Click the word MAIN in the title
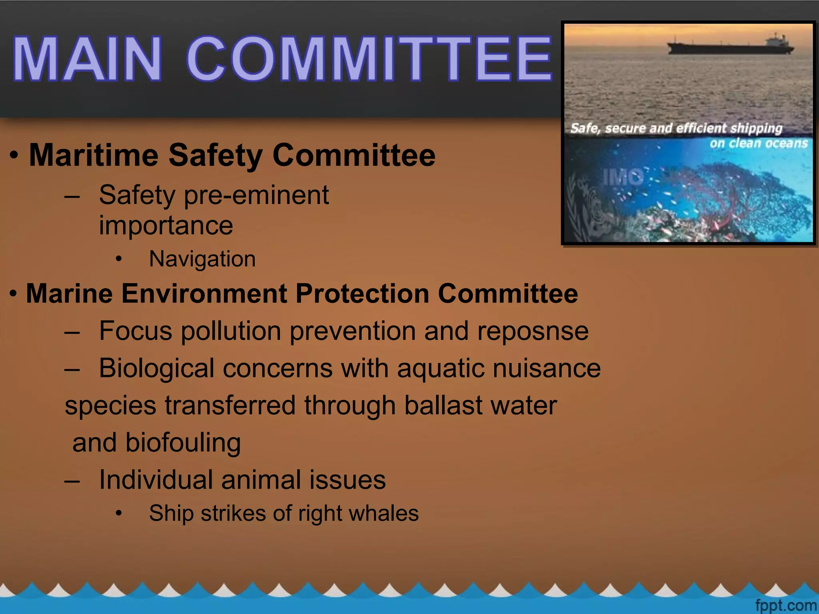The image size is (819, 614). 87,59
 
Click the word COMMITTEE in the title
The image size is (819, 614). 369,59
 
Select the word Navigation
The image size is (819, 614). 202,259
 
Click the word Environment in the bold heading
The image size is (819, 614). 204,294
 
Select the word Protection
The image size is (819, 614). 362,294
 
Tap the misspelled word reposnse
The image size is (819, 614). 533,331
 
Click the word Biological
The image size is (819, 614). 156,368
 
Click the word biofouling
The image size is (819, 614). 183,443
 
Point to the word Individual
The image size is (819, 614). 156,480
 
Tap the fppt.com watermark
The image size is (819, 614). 785,605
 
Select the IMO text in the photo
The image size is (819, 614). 623,177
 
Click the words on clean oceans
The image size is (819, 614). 758,143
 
